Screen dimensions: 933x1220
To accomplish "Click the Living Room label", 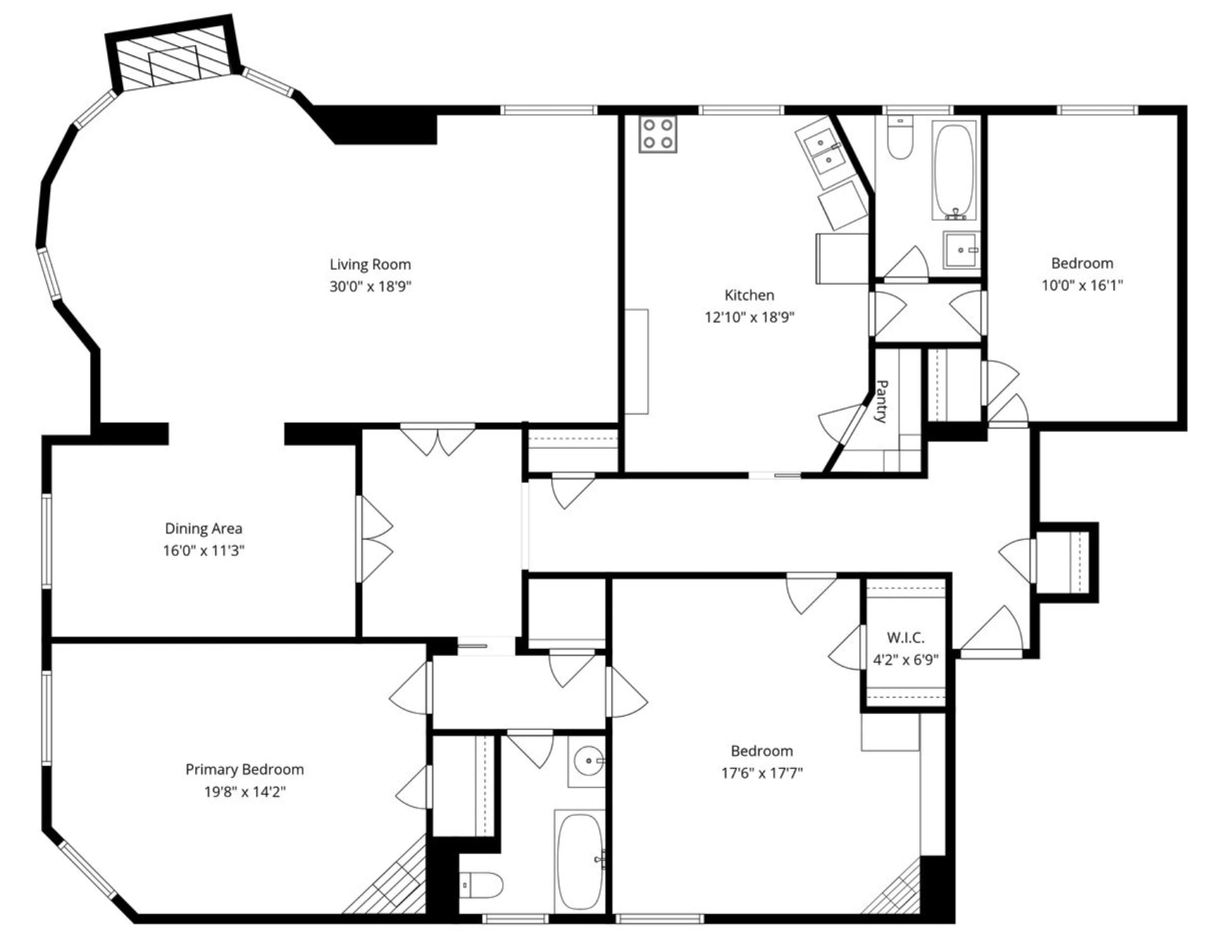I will (x=370, y=264).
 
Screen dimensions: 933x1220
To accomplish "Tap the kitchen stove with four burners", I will (x=658, y=134).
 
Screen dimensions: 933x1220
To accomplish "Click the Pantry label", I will (x=880, y=401).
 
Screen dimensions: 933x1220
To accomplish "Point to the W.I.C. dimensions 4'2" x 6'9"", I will (x=905, y=660).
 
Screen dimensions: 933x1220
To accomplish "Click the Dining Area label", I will (x=203, y=528).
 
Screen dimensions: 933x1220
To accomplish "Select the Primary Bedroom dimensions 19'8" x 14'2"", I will (x=244, y=791).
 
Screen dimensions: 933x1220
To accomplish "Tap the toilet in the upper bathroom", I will (x=900, y=140).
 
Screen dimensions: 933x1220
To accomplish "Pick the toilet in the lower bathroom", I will (x=482, y=885).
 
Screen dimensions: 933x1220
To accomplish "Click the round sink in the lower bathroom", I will (x=587, y=761).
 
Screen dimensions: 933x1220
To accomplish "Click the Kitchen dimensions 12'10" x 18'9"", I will (x=749, y=317).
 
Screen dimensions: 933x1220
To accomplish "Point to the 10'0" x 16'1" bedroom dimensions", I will (x=1082, y=285).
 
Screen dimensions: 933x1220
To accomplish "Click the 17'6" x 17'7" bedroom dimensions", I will (x=761, y=773).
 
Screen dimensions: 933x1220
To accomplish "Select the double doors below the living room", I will (x=437, y=439).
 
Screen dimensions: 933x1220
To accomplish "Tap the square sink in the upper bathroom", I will (x=961, y=250).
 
